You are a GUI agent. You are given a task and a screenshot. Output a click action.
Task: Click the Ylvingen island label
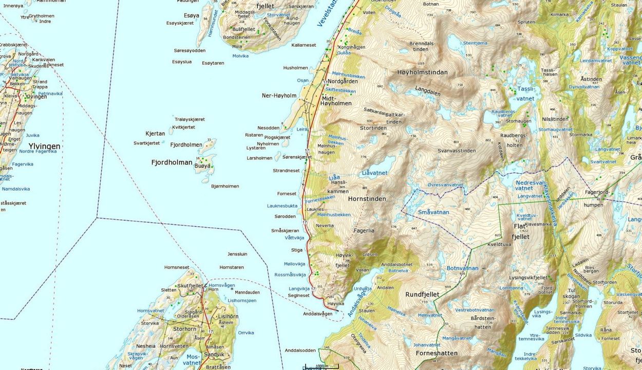(44, 146)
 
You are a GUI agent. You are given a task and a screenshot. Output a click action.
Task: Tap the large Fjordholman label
(172, 162)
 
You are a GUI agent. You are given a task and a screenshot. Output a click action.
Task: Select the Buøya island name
(203, 165)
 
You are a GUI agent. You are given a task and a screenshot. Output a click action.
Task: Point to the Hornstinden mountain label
(367, 199)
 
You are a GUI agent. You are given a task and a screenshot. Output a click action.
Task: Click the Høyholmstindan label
(422, 72)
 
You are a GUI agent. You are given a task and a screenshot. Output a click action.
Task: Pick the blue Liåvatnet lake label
(374, 173)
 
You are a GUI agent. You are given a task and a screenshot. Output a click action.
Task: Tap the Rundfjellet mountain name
(422, 294)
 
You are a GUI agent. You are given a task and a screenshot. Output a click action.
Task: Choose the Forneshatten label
(436, 354)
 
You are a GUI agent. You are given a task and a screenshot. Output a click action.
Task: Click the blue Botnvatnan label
(462, 268)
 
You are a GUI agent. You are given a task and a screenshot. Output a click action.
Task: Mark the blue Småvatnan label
(433, 212)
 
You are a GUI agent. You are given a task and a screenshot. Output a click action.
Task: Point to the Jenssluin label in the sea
(237, 254)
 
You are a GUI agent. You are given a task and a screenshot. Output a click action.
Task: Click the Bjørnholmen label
(225, 186)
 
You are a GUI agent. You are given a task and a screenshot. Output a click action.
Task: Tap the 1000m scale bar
(321, 366)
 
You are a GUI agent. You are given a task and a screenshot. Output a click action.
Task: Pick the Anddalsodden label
(300, 350)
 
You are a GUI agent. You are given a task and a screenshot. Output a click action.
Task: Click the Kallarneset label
(304, 45)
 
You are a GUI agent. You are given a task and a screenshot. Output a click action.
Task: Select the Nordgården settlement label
(343, 82)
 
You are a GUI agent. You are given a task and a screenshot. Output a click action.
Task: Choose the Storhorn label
(185, 329)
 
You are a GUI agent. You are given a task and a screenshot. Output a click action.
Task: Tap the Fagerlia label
(364, 231)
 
